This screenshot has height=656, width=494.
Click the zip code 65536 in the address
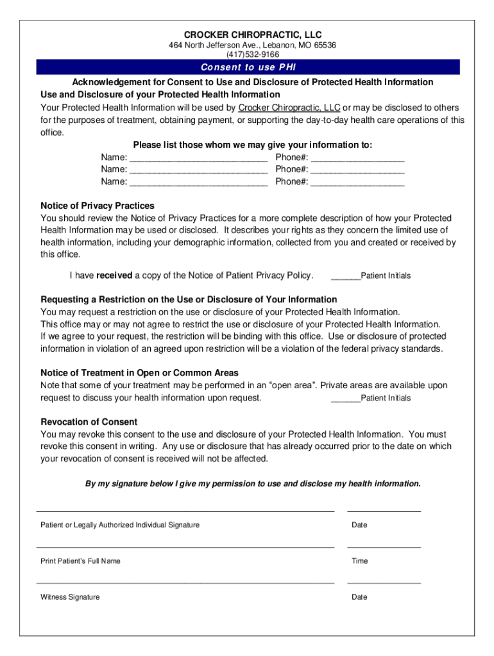[323, 45]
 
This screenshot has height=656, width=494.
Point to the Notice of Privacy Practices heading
[98, 206]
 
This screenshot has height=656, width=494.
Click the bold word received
[114, 275]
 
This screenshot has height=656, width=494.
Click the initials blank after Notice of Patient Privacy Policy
[346, 277]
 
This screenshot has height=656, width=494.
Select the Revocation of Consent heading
[89, 422]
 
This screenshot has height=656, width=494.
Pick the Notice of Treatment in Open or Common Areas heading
[139, 373]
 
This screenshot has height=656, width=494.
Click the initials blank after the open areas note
[346, 400]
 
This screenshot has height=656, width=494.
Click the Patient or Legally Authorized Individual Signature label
[120, 525]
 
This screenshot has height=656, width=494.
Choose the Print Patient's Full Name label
[80, 561]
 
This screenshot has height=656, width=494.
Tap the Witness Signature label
[70, 597]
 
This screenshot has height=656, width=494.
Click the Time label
[359, 561]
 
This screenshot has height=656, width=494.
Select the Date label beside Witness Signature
[359, 597]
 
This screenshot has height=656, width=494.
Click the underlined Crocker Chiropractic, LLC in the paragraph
[289, 108]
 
